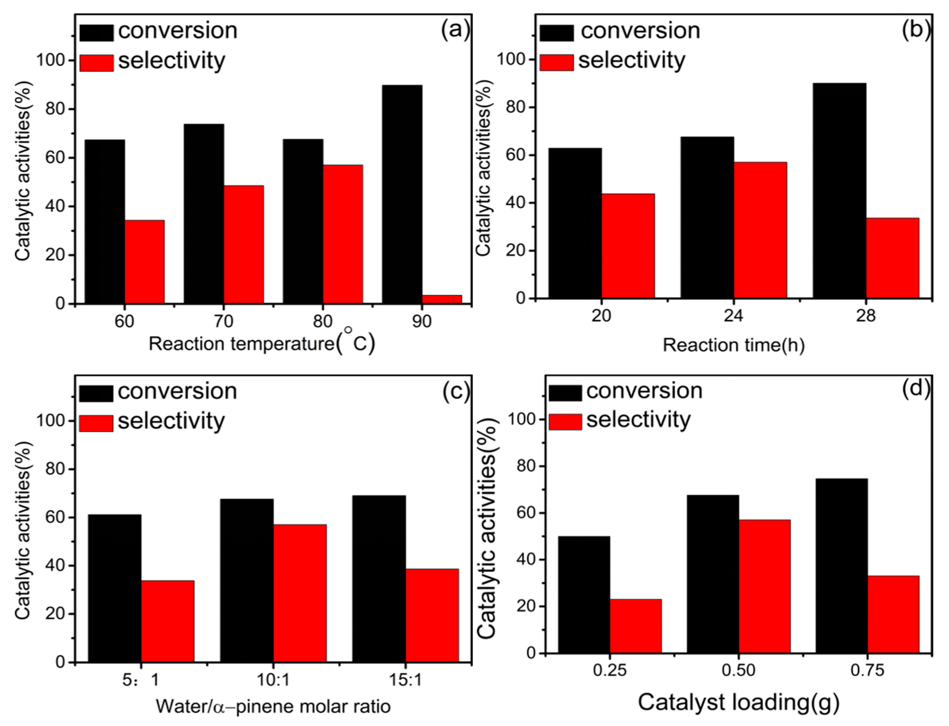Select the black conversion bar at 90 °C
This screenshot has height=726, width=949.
tap(402, 194)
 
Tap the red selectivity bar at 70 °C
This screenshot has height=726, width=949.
tap(244, 245)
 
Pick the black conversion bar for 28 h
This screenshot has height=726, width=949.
tap(839, 190)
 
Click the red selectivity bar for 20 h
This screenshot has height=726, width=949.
tap(628, 246)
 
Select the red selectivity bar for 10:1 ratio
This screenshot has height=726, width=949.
tap(300, 593)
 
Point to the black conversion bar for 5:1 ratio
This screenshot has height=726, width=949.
tap(115, 588)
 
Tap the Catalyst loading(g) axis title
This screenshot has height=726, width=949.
tap(738, 702)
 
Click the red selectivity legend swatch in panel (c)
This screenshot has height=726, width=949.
tap(96, 423)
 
